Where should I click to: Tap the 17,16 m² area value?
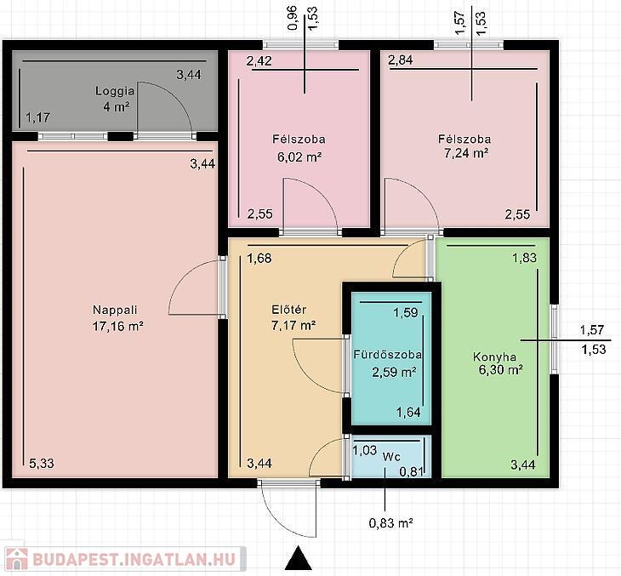click(x=117, y=326)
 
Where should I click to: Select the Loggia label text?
click(x=115, y=91)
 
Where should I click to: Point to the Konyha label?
click(x=494, y=357)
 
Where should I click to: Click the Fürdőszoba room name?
click(x=387, y=355)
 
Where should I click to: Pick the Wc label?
click(x=391, y=457)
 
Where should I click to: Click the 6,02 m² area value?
click(x=299, y=157)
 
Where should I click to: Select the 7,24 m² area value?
click(x=466, y=153)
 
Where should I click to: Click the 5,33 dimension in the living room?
click(x=42, y=463)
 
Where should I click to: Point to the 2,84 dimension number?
click(x=401, y=60)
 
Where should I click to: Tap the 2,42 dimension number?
click(x=259, y=61)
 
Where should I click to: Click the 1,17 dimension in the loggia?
click(x=38, y=117)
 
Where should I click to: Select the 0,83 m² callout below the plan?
click(x=391, y=523)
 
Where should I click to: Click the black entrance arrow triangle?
click(x=299, y=558)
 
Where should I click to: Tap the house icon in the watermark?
click(x=17, y=559)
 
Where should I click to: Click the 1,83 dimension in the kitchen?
click(x=524, y=258)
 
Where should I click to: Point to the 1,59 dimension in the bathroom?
click(x=406, y=313)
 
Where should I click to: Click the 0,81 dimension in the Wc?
click(x=412, y=471)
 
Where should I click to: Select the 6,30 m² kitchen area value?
click(x=501, y=370)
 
